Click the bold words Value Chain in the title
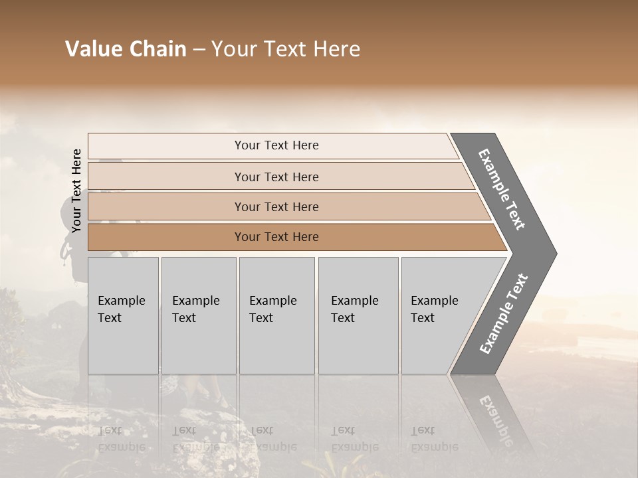(x=126, y=49)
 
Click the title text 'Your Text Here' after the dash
(x=286, y=49)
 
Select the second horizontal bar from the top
(x=276, y=177)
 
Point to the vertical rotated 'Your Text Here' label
(x=76, y=191)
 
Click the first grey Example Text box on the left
(x=123, y=315)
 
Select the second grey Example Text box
(x=198, y=315)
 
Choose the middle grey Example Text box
(x=276, y=315)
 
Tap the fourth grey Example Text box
(x=358, y=315)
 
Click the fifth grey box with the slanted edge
(x=439, y=315)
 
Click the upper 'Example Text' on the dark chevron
(x=502, y=189)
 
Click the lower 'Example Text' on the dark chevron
(x=504, y=313)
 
